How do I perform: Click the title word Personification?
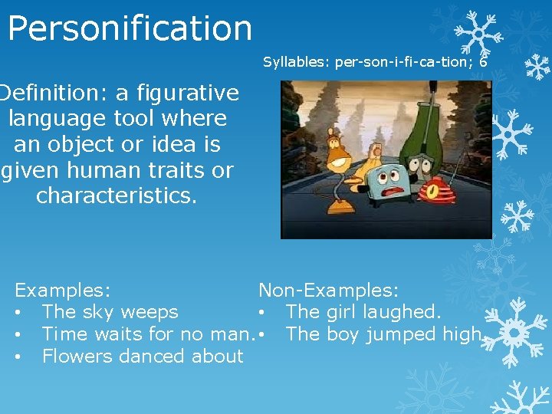[x=130, y=28]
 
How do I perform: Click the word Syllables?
[x=295, y=62]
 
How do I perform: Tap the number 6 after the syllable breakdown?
[x=483, y=62]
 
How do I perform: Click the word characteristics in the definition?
[x=117, y=195]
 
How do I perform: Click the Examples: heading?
[x=63, y=291]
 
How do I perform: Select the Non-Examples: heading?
[x=328, y=291]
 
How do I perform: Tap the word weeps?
[x=149, y=313]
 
